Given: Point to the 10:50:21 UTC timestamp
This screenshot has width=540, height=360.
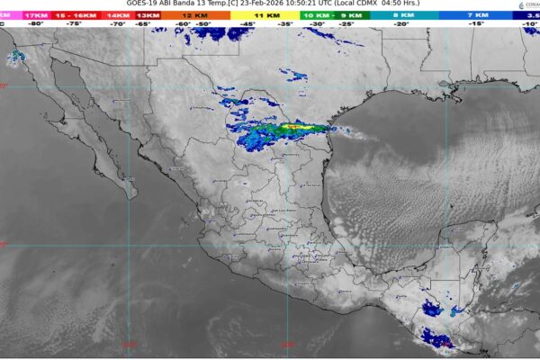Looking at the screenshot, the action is pyautogui.click(x=305, y=4).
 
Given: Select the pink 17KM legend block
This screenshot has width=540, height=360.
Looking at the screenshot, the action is pyautogui.click(x=37, y=15).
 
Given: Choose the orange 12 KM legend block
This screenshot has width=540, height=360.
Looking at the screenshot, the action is pyautogui.click(x=192, y=15).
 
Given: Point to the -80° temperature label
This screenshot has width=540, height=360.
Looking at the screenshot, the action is pyautogui.click(x=37, y=24).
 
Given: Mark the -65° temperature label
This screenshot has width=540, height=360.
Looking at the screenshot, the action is pyautogui.click(x=142, y=24).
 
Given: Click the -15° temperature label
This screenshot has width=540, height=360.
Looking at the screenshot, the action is pyautogui.click(x=474, y=24).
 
